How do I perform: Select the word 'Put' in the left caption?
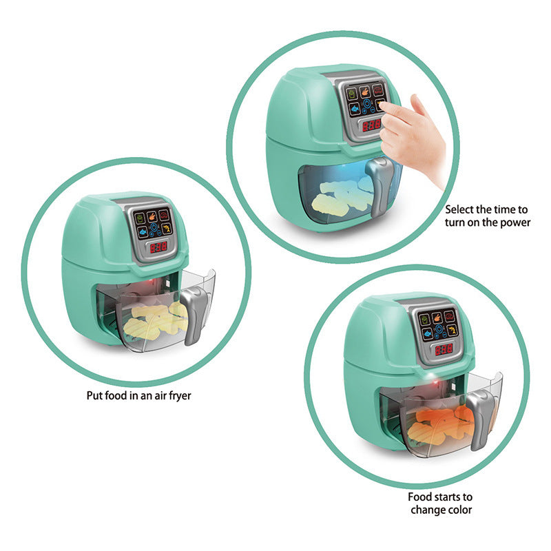click(94, 395)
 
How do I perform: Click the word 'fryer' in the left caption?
click(177, 395)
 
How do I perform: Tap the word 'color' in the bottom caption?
click(457, 510)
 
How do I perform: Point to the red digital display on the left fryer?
click(159, 247)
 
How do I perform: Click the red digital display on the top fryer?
click(371, 125)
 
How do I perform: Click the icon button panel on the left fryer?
click(153, 222)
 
